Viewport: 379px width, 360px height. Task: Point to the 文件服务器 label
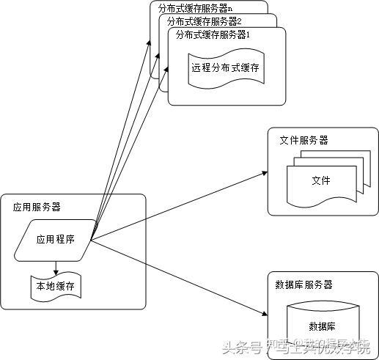coord(304,140)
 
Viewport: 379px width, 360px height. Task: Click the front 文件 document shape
coord(320,184)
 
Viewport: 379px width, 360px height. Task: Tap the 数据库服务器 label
coord(303,284)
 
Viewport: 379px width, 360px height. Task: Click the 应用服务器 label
coord(37,207)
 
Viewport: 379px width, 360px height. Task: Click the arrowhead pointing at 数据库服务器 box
coord(264,314)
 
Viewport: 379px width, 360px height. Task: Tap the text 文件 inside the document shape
coord(320,180)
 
